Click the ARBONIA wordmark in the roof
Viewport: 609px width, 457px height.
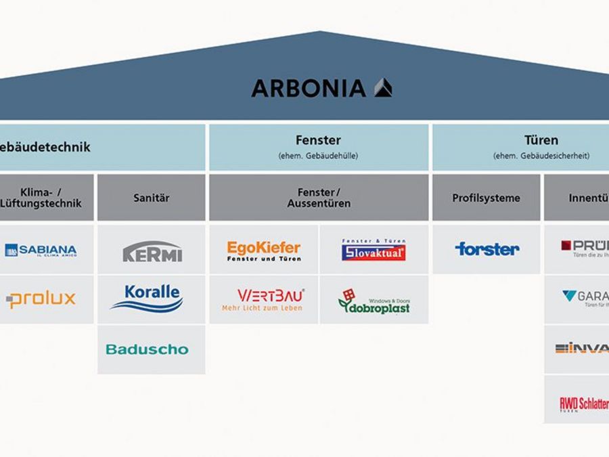(308, 88)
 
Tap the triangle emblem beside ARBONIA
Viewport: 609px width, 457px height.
(383, 88)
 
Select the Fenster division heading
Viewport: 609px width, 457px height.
(318, 140)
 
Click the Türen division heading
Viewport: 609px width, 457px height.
(541, 140)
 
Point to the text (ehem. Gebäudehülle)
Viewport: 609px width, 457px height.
(318, 156)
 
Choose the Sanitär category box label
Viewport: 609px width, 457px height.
(152, 198)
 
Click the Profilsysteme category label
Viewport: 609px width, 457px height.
(486, 198)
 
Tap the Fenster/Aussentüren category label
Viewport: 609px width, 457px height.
(319, 198)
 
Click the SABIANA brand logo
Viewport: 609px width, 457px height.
(41, 251)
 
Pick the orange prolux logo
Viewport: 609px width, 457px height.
(41, 299)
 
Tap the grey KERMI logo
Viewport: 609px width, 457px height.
(152, 251)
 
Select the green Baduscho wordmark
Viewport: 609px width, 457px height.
(147, 349)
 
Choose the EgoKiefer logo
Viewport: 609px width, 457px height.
(263, 251)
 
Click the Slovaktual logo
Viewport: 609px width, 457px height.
(374, 251)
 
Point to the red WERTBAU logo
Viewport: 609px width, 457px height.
(263, 299)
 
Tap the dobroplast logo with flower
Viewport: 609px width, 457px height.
(374, 301)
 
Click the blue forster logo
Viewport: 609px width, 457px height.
(487, 248)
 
